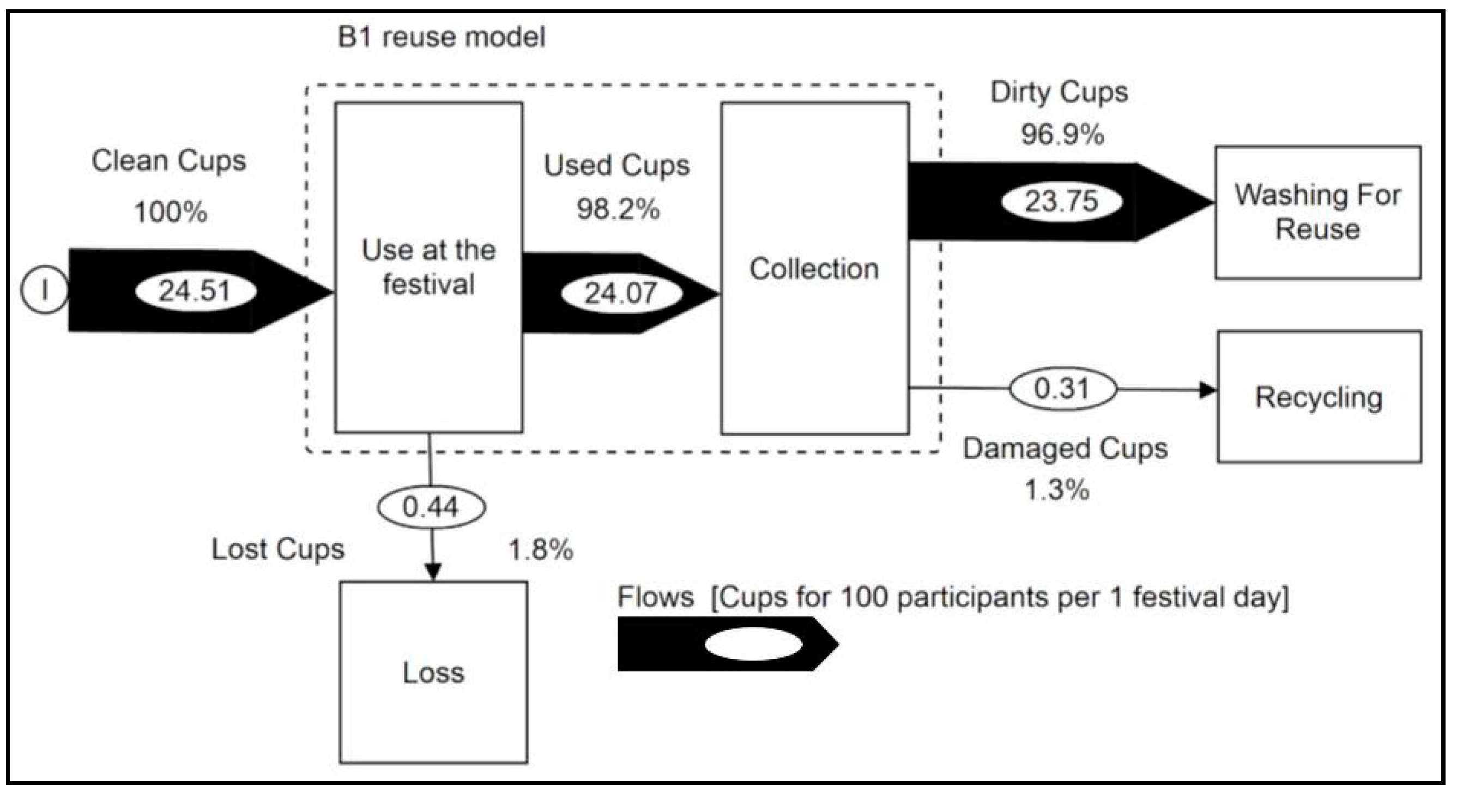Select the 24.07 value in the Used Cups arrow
point(621,294)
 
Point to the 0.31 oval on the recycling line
point(1062,389)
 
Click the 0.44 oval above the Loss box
point(431,507)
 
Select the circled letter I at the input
point(44,290)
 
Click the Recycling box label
point(1319,398)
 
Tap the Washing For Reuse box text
point(1317,212)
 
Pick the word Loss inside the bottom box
point(433,673)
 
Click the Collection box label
point(814,269)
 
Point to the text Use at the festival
point(429,267)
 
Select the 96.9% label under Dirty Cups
point(1062,135)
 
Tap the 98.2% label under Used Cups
point(618,210)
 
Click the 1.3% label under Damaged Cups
point(1056,491)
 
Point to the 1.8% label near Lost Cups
point(541,550)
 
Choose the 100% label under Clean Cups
point(171,213)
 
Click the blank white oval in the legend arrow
point(753,644)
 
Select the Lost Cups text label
point(277,549)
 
